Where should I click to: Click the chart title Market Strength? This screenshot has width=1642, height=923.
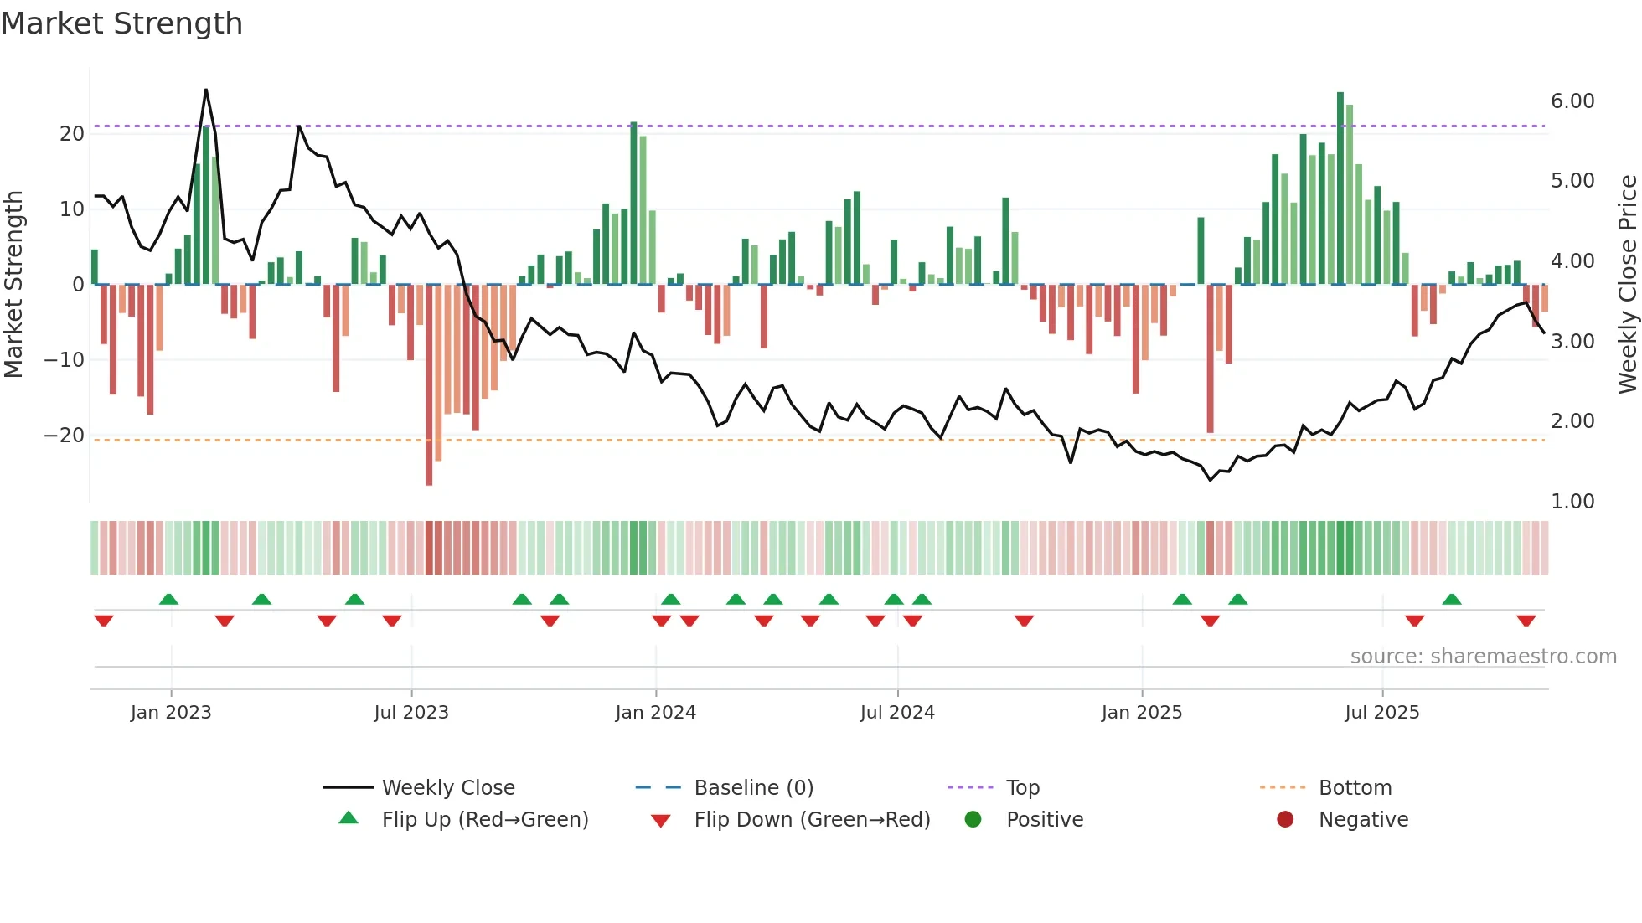(x=121, y=23)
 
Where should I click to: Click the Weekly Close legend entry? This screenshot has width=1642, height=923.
(x=447, y=787)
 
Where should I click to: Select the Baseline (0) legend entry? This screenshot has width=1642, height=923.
(x=753, y=787)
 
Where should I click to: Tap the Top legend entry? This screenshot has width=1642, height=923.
(x=1022, y=787)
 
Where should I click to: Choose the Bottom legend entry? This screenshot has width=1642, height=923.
(x=1355, y=787)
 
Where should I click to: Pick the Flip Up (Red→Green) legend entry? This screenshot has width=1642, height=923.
(x=484, y=819)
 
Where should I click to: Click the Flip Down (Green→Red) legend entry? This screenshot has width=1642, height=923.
(x=811, y=819)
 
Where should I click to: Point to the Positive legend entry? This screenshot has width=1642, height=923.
(x=1044, y=819)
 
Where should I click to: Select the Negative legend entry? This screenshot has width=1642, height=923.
(x=1363, y=819)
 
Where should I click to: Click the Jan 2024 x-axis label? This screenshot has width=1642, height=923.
(x=655, y=713)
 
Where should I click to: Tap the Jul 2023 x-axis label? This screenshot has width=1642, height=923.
(x=411, y=713)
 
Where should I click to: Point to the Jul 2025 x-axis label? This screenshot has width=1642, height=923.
(x=1381, y=713)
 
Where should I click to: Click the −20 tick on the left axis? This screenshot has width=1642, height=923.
(x=65, y=436)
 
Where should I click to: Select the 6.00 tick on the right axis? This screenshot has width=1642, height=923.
(x=1572, y=101)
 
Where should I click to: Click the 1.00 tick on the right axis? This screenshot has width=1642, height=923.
(x=1572, y=502)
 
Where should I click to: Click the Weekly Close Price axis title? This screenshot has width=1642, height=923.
(x=1627, y=285)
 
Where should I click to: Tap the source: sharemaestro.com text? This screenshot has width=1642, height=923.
(x=1483, y=657)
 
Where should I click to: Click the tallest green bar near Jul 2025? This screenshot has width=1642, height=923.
(x=1340, y=188)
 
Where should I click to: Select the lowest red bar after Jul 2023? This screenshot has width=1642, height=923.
(x=429, y=385)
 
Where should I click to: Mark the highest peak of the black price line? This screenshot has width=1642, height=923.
(x=206, y=90)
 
